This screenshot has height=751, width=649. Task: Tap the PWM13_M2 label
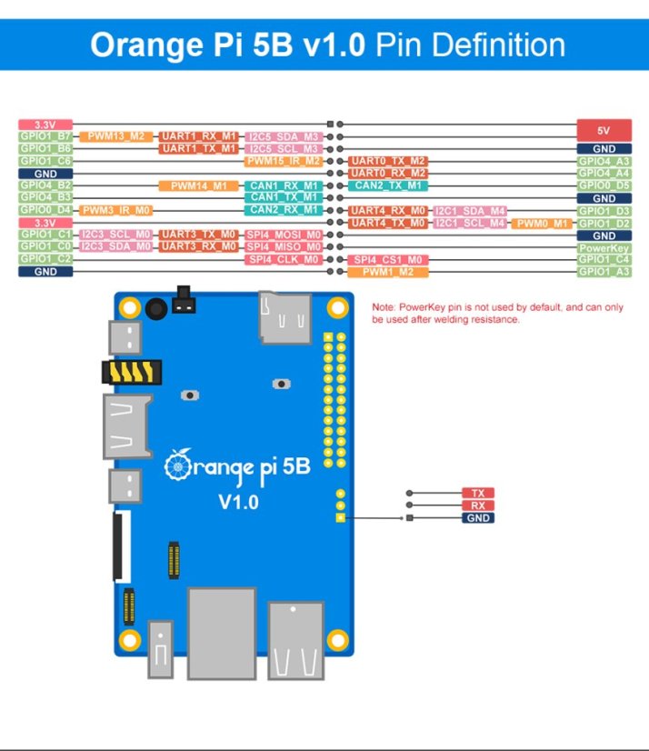(x=116, y=136)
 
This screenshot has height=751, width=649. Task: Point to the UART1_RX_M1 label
(x=199, y=136)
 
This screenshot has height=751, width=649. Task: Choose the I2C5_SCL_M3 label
(x=284, y=148)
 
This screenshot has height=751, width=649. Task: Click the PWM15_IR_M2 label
(x=284, y=161)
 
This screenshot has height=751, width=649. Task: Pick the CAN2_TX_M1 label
(x=388, y=185)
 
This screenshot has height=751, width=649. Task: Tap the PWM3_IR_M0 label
(x=116, y=210)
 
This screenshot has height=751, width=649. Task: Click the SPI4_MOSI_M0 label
(x=284, y=235)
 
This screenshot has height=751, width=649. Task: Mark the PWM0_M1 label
(x=543, y=223)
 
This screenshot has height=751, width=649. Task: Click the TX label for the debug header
(x=477, y=493)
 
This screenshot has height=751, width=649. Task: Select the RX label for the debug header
(x=477, y=506)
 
